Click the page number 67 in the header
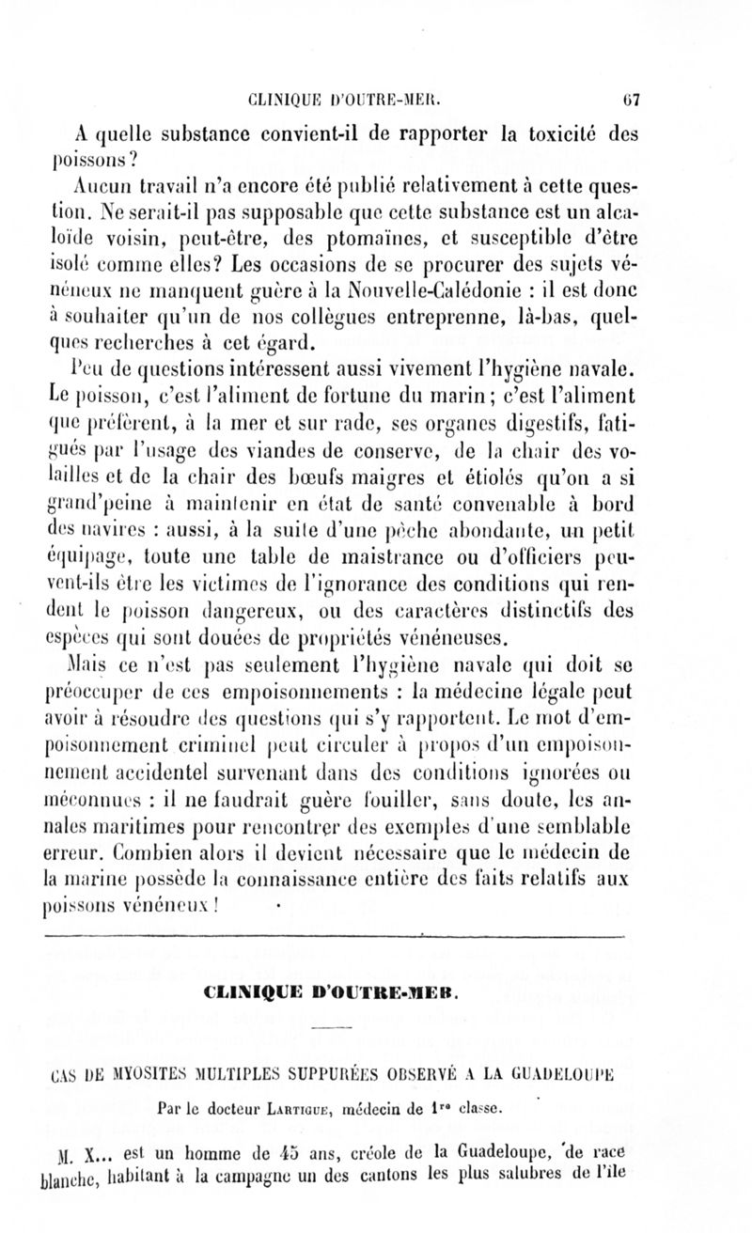(x=630, y=95)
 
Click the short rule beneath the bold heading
(x=329, y=1033)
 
